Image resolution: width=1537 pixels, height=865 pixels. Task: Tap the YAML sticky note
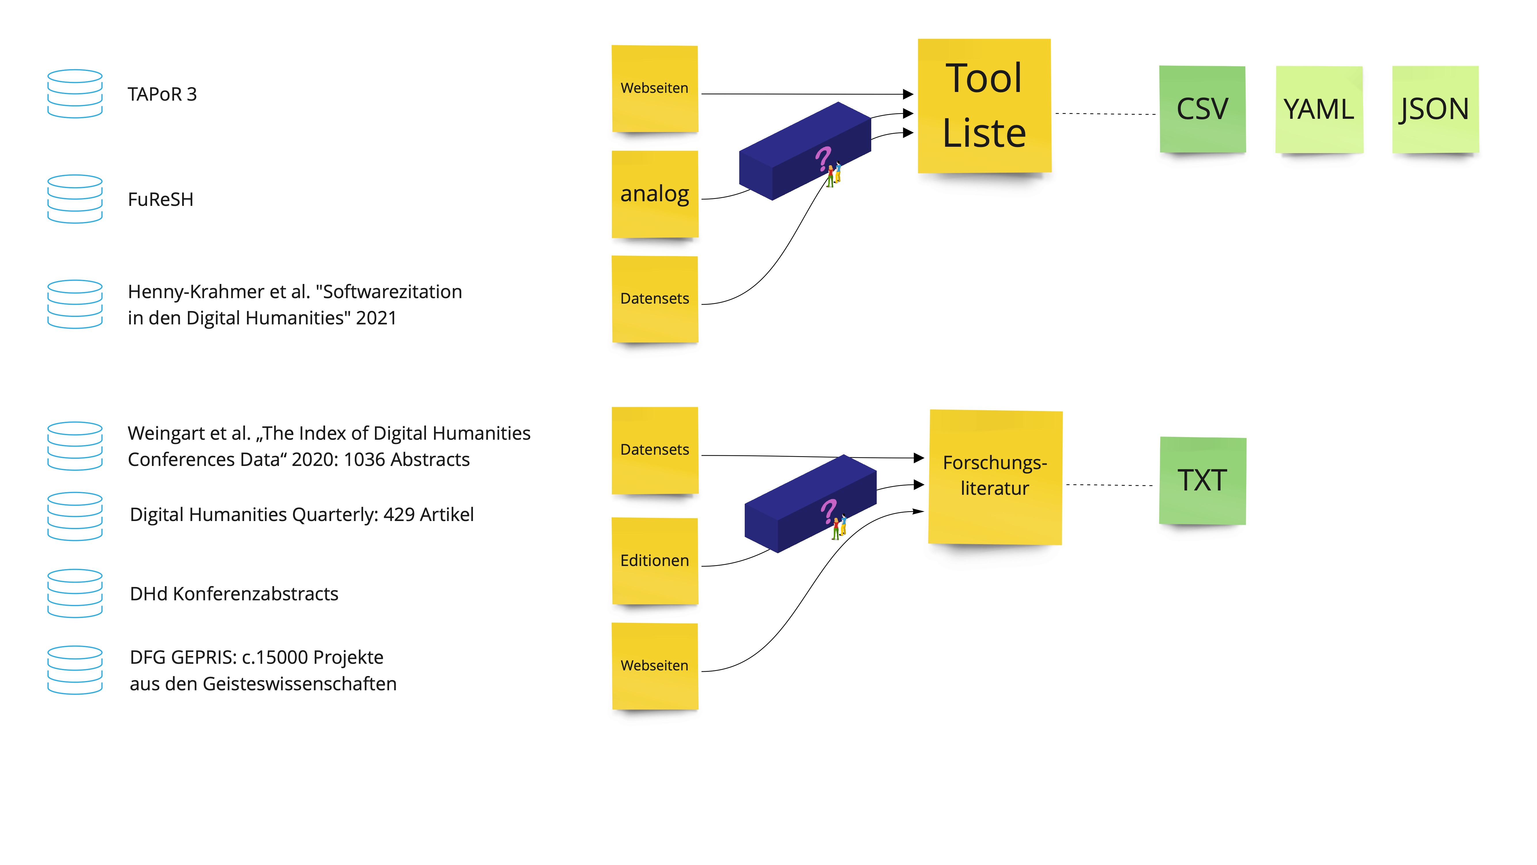point(1319,109)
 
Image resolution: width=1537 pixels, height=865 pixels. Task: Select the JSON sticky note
point(1435,109)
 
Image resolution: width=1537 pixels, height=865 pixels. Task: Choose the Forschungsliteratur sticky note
point(995,476)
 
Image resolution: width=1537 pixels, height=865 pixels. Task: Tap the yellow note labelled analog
point(655,194)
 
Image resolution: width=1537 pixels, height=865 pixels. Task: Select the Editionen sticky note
point(655,561)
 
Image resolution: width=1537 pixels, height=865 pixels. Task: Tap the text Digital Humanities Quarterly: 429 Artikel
point(301,515)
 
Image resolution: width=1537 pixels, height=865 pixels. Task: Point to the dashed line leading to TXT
point(1110,485)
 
